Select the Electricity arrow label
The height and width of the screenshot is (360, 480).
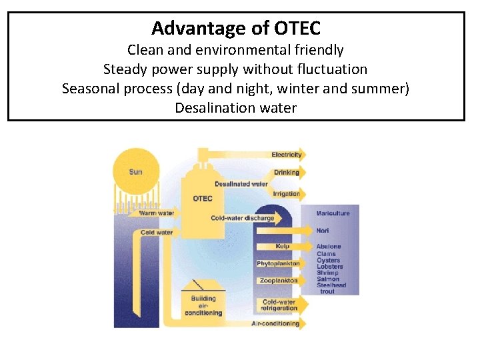pyautogui.click(x=287, y=155)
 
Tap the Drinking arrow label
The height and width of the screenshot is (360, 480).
pyautogui.click(x=287, y=173)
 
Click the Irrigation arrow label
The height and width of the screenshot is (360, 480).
pyautogui.click(x=286, y=194)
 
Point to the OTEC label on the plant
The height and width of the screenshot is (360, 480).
pyautogui.click(x=203, y=199)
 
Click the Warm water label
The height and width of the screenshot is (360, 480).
pyautogui.click(x=157, y=213)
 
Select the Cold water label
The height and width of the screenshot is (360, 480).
pyautogui.click(x=157, y=233)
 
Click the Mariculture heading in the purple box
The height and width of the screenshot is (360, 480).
pyautogui.click(x=333, y=213)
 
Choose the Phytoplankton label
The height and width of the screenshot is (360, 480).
pyautogui.click(x=278, y=264)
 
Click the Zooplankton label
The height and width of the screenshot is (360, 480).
pyautogui.click(x=278, y=281)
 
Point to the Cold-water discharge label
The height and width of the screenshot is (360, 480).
pyautogui.click(x=242, y=218)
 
